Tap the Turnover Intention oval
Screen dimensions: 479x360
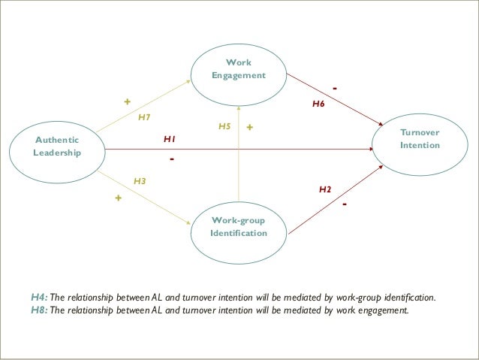click(x=420, y=139)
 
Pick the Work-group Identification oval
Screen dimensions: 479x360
click(x=239, y=226)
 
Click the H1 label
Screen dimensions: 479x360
click(x=170, y=140)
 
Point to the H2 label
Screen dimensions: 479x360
click(x=325, y=189)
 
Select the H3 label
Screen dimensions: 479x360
click(x=140, y=181)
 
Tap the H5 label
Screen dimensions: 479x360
click(x=224, y=127)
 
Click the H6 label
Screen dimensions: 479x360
click(x=318, y=105)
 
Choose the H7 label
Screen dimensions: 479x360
click(x=145, y=117)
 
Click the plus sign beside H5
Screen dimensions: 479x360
click(x=250, y=129)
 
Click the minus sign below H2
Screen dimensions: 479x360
click(x=344, y=204)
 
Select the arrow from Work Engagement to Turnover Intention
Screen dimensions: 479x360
click(x=338, y=98)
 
